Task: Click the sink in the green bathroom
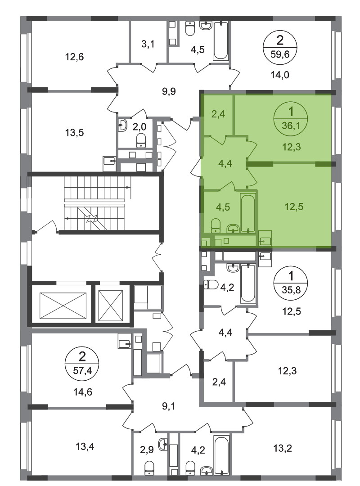(x=232, y=229)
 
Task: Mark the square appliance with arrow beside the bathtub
(x=265, y=239)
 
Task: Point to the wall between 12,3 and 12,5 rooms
(x=292, y=162)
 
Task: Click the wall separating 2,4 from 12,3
(x=234, y=115)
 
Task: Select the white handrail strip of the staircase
(x=94, y=203)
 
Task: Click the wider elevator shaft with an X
(x=63, y=306)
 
